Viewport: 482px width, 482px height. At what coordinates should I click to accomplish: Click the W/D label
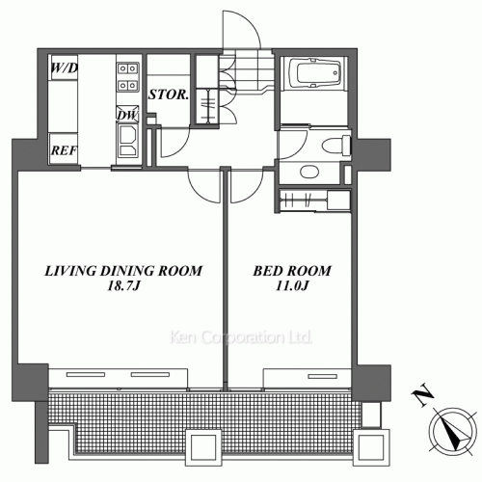click(65, 68)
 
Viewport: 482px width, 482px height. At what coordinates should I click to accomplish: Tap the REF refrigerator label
click(64, 150)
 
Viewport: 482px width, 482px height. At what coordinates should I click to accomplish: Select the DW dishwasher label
click(127, 115)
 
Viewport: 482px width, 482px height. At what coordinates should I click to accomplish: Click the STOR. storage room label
click(169, 94)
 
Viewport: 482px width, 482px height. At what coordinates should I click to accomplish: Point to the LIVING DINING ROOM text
click(123, 271)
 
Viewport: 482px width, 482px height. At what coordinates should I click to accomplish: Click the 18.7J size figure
click(123, 285)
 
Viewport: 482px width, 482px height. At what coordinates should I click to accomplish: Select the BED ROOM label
click(292, 271)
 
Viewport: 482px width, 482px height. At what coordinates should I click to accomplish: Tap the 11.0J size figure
click(292, 285)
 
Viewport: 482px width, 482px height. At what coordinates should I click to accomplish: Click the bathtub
click(314, 73)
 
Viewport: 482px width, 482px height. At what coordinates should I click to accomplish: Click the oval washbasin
click(309, 172)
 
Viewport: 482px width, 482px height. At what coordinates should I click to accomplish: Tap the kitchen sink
click(127, 141)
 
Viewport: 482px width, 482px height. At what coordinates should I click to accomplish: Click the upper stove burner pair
click(127, 68)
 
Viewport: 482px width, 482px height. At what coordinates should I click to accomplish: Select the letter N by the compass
click(422, 395)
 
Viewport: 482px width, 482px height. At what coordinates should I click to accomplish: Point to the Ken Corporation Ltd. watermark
click(241, 337)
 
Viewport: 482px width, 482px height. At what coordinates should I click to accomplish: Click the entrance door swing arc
click(251, 22)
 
